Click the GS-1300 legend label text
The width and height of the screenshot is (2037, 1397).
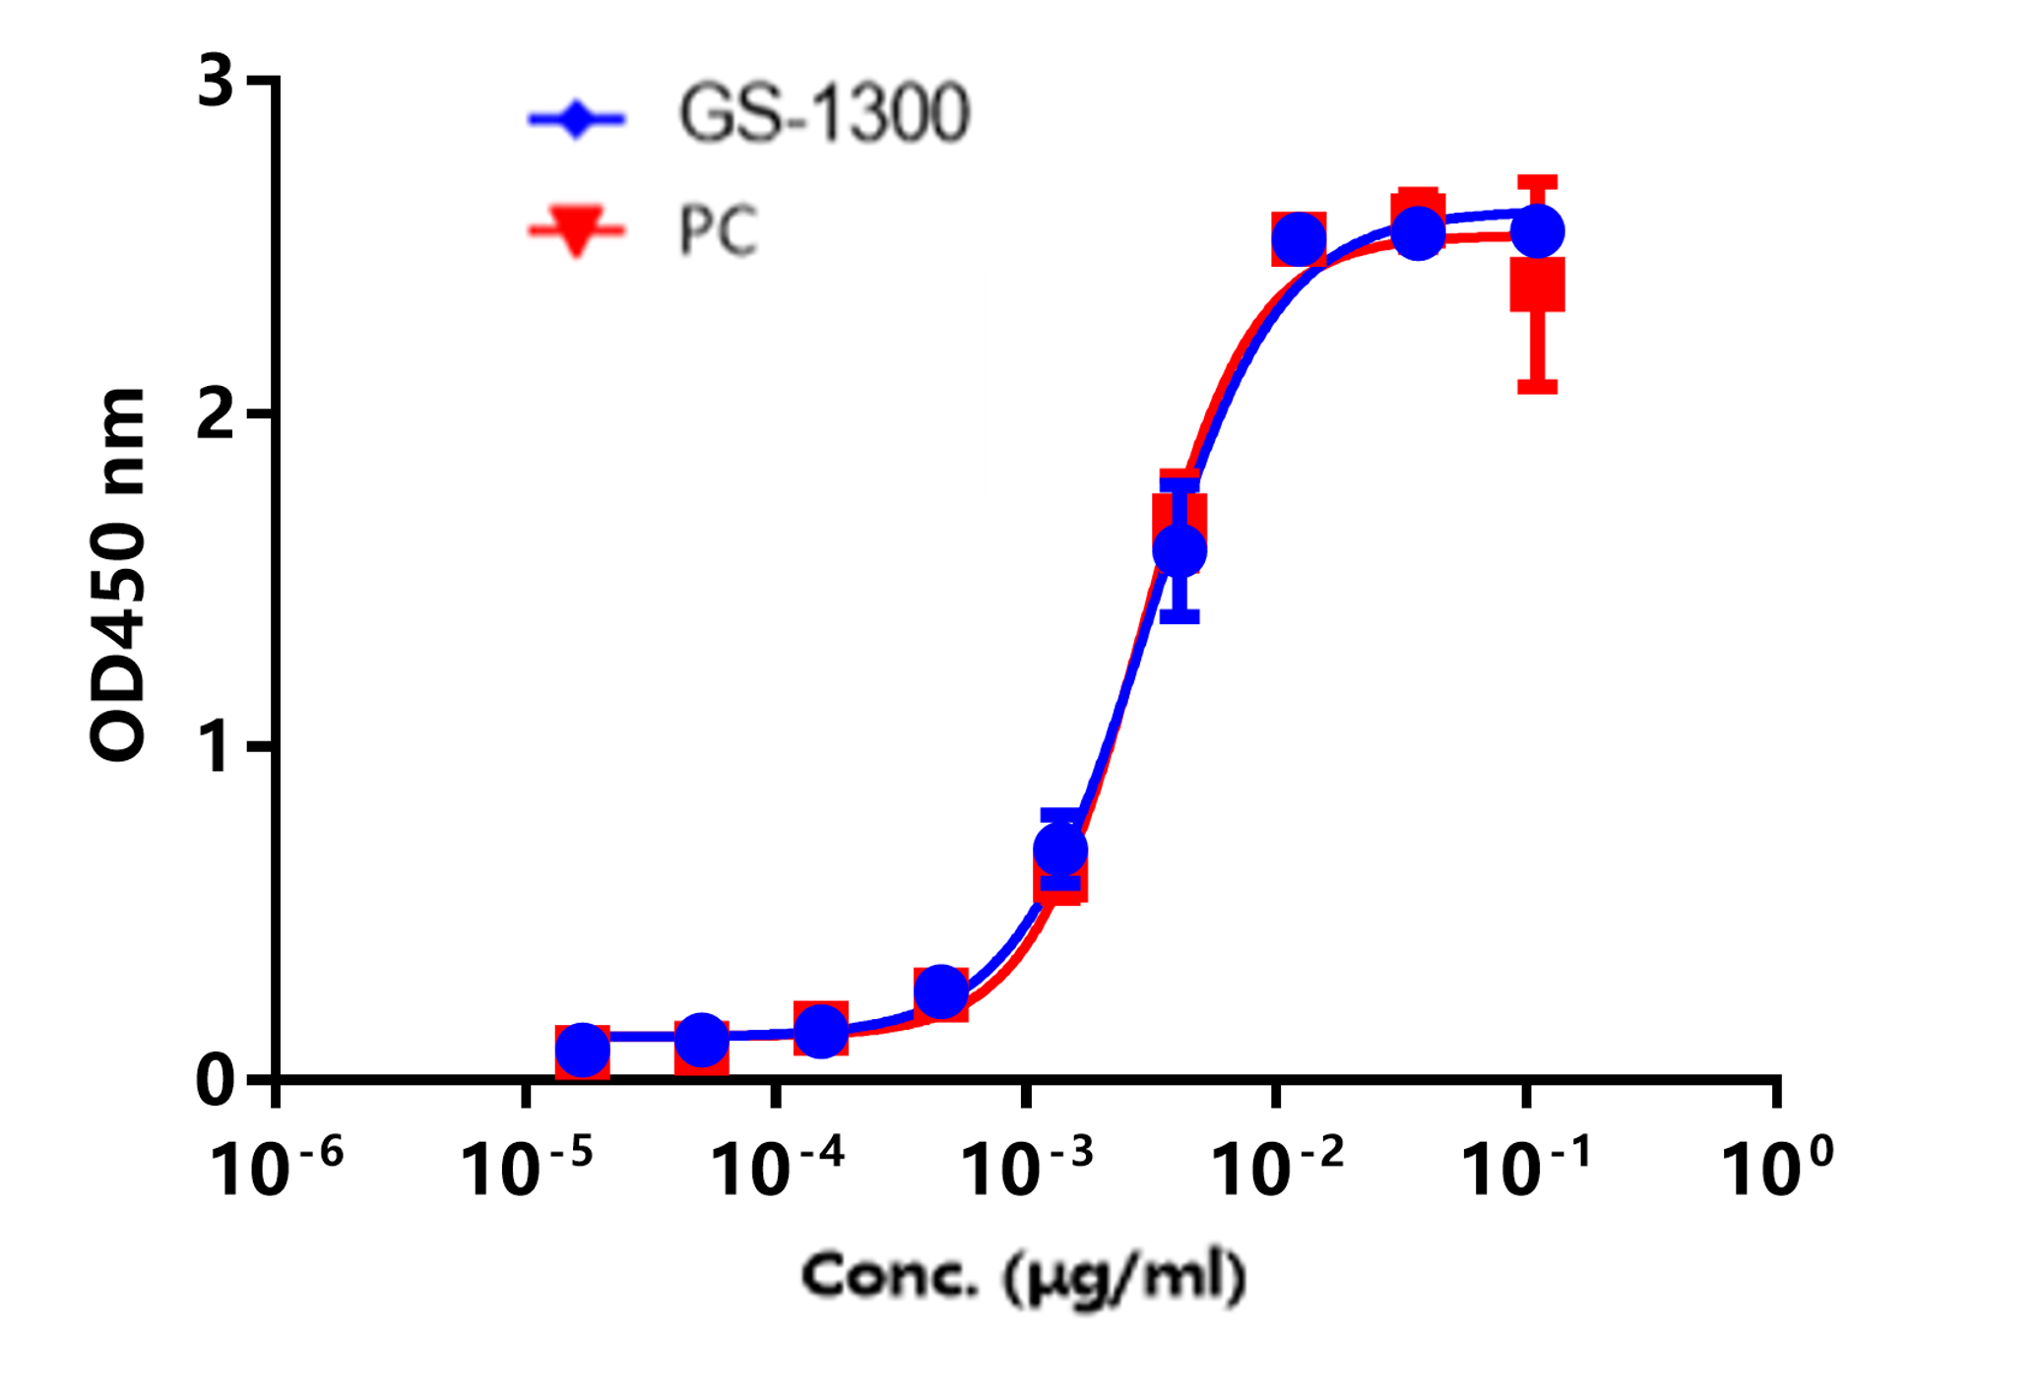825,114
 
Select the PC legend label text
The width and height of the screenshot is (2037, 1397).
719,231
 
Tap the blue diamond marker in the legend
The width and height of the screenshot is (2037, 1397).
577,120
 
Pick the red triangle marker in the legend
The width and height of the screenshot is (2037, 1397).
577,232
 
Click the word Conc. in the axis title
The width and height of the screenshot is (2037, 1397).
890,1276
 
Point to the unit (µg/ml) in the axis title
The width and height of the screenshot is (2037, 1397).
1123,1277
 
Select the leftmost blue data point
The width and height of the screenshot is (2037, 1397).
583,1049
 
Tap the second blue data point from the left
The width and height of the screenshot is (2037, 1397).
702,1039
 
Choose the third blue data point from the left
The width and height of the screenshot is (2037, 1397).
821,1030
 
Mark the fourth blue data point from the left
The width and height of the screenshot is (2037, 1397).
941,991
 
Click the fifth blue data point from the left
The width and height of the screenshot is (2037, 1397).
1061,849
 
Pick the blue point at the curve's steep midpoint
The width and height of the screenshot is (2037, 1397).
1179,549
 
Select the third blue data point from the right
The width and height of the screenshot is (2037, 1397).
1299,238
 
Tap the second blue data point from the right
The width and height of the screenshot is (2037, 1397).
1419,233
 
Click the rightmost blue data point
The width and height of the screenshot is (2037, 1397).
1538,231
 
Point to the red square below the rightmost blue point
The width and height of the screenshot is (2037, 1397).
1538,286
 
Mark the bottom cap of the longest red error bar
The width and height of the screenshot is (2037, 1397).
1538,386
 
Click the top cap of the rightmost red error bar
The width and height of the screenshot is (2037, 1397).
1538,181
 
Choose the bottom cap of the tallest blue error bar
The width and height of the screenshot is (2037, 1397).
1179,617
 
